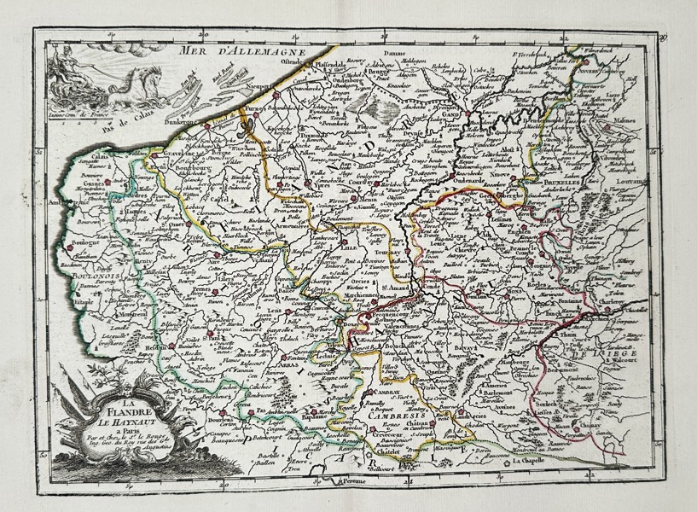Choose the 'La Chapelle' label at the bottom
pyautogui.click(x=536, y=463)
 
